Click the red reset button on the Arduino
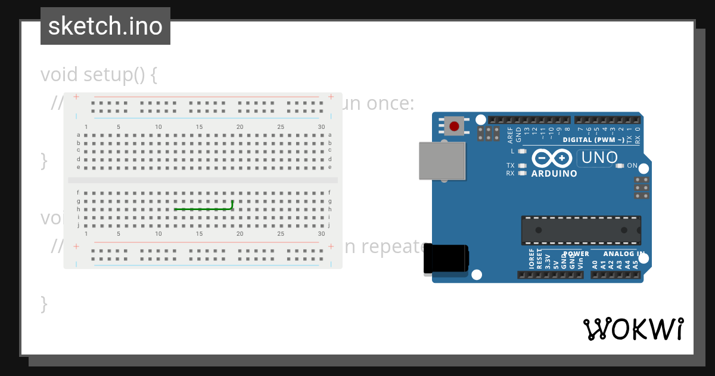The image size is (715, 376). point(455,126)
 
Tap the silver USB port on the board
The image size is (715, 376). point(442,161)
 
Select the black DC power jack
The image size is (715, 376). point(446,258)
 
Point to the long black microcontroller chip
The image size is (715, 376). point(581,230)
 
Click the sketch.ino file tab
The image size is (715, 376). point(105,26)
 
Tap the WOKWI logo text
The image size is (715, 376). point(633,329)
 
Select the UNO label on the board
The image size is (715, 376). point(599,158)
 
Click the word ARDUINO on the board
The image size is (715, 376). point(554,174)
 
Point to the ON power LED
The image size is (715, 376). point(620,165)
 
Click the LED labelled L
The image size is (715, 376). point(523,152)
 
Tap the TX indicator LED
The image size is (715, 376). point(523,165)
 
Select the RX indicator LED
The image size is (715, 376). point(523,173)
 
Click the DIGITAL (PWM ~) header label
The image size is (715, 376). point(593,140)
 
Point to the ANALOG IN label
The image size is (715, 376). point(624,254)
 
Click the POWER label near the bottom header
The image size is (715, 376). point(576,254)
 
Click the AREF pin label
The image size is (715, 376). point(510,135)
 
